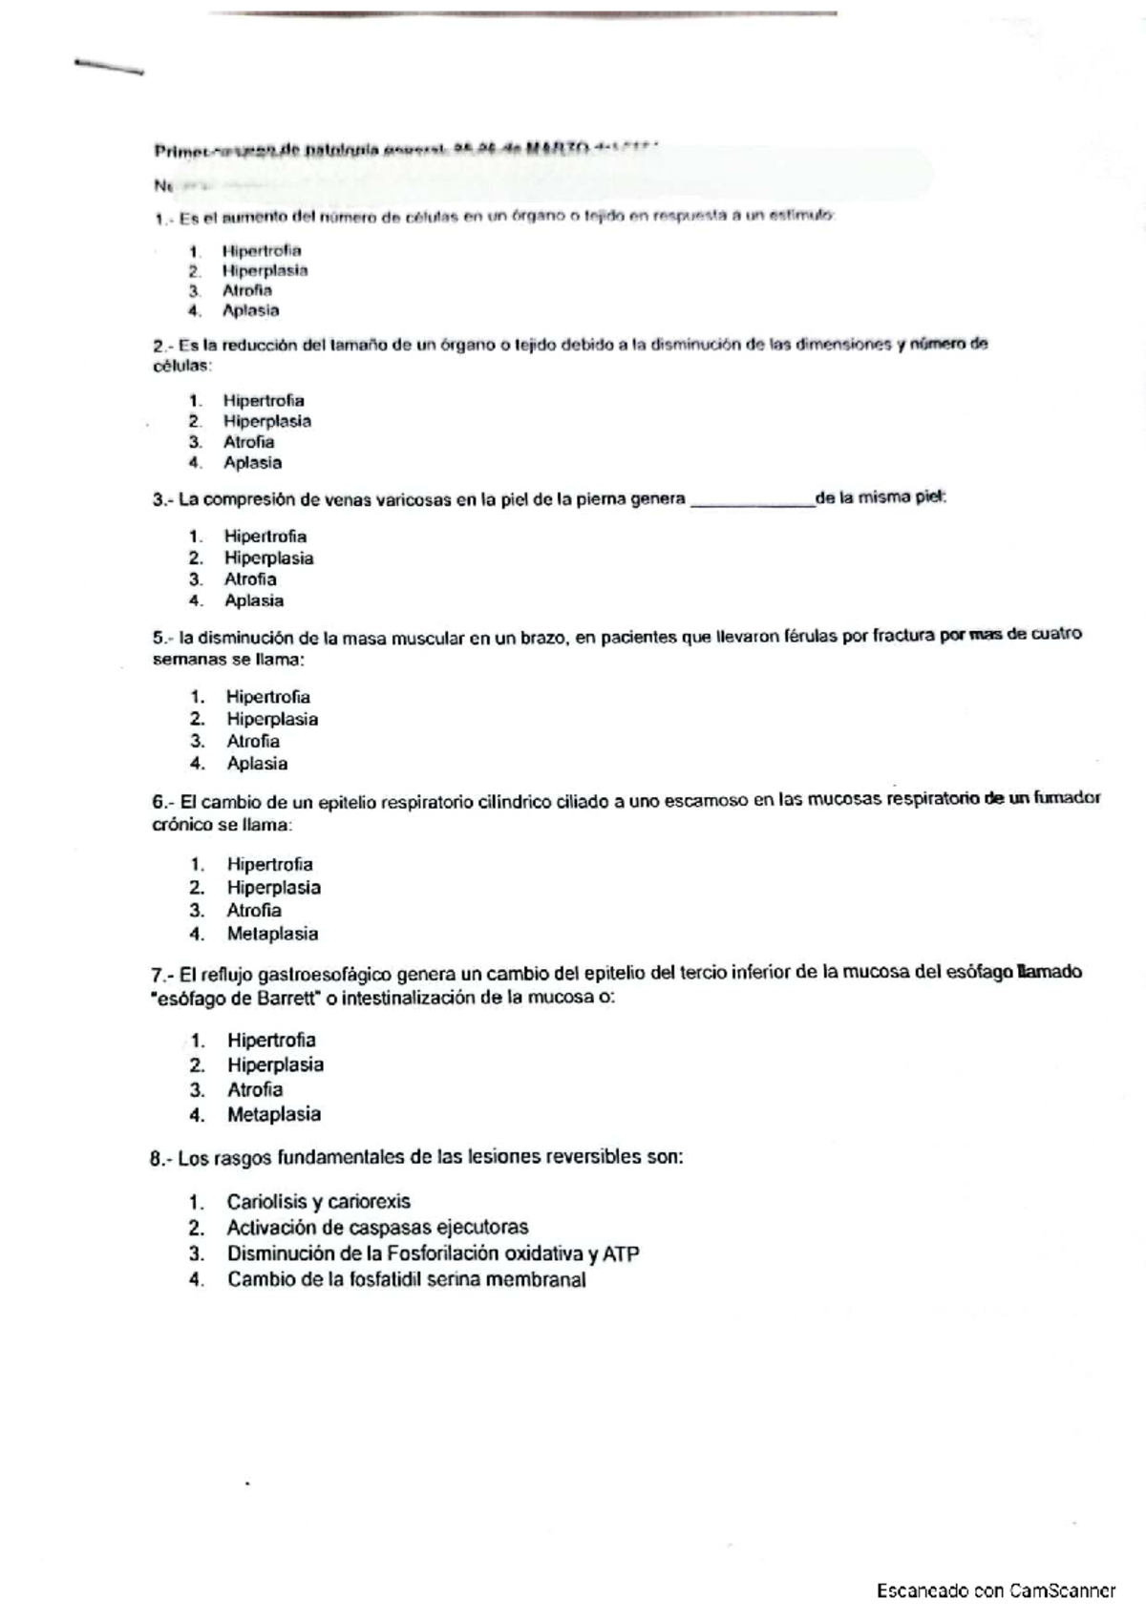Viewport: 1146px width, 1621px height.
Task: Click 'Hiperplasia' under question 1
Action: pyautogui.click(x=265, y=270)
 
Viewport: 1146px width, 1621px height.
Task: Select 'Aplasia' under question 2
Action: pyautogui.click(x=252, y=463)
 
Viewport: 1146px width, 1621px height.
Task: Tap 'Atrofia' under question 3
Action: pyautogui.click(x=250, y=579)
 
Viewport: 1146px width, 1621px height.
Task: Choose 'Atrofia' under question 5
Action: pyautogui.click(x=253, y=742)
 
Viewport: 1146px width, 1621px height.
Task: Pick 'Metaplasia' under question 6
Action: pyautogui.click(x=272, y=935)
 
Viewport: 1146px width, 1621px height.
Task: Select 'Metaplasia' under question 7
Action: pyautogui.click(x=273, y=1115)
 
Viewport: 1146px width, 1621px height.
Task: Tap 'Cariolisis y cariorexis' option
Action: pyautogui.click(x=318, y=1202)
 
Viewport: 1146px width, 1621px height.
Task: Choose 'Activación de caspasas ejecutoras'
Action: pyautogui.click(x=376, y=1229)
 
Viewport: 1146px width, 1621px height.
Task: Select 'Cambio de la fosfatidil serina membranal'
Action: pyautogui.click(x=406, y=1281)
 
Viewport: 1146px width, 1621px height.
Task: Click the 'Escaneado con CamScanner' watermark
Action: pyautogui.click(x=996, y=1591)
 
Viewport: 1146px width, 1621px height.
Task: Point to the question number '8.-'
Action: pyautogui.click(x=161, y=1159)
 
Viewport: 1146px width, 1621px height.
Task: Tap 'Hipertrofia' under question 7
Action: pyautogui.click(x=271, y=1041)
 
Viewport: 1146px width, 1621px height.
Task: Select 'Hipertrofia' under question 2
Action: pyautogui.click(x=264, y=401)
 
